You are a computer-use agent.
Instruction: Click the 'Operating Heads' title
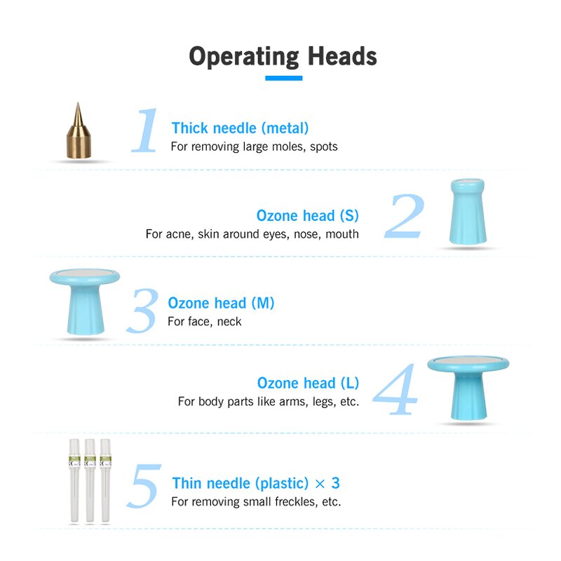tap(283, 57)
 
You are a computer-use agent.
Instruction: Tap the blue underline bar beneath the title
tap(284, 78)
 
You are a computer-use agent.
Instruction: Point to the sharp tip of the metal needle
tap(79, 103)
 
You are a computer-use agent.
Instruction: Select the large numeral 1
tap(145, 130)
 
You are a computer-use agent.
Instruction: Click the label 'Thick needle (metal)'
tap(240, 128)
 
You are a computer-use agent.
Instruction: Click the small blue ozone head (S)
tap(468, 212)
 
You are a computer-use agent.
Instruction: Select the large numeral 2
tap(405, 216)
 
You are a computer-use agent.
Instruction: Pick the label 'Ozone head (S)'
tap(308, 216)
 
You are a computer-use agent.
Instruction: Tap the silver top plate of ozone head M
tap(84, 274)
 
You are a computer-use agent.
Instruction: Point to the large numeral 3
tap(143, 311)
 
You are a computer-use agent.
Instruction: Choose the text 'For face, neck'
tap(204, 321)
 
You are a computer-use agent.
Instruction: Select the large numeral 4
tap(395, 389)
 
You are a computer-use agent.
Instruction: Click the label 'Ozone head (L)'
tap(308, 383)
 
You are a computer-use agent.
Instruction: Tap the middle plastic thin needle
tap(90, 480)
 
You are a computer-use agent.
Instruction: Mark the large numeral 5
tap(144, 486)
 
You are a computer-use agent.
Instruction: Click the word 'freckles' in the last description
tap(296, 501)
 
